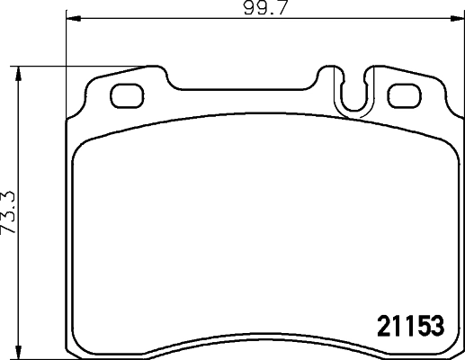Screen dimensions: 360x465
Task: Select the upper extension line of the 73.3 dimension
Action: (81, 66)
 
